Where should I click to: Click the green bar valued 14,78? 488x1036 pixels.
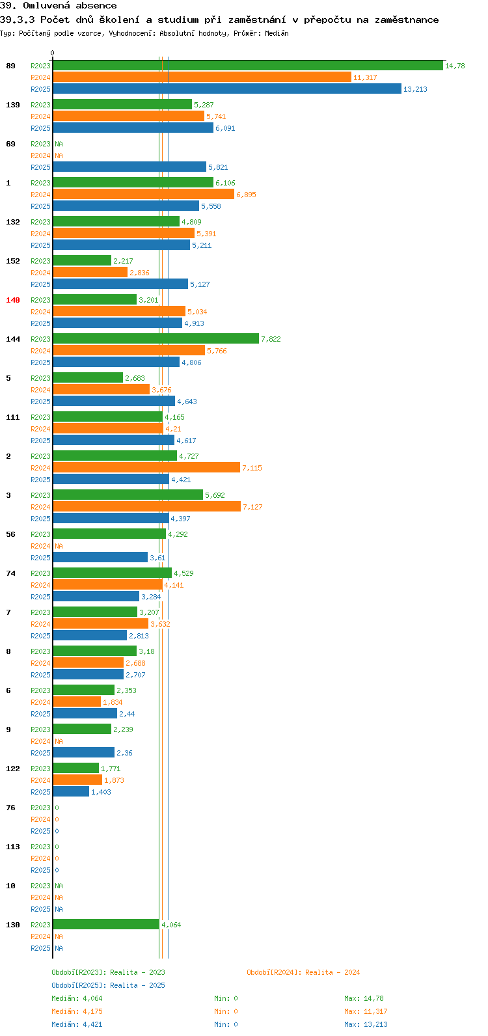pyautogui.click(x=248, y=66)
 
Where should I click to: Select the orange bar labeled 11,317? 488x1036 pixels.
pyautogui.click(x=202, y=77)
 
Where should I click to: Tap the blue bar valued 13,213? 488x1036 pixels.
pyautogui.click(x=227, y=89)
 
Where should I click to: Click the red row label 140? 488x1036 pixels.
pyautogui.click(x=13, y=300)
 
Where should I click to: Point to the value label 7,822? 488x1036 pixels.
pyautogui.click(x=271, y=339)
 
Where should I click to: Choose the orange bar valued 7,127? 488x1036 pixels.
pyautogui.click(x=147, y=506)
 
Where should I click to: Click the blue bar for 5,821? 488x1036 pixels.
pyautogui.click(x=129, y=167)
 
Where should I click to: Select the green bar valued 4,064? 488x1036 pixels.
pyautogui.click(x=107, y=924)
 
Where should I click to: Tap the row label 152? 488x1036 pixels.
pyautogui.click(x=13, y=261)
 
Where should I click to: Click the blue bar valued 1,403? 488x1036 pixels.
pyautogui.click(x=71, y=791)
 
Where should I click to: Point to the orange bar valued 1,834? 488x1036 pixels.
pyautogui.click(x=77, y=702)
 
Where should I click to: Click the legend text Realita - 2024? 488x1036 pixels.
pyautogui.click(x=332, y=972)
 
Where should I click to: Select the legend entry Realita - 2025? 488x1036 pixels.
pyautogui.click(x=137, y=985)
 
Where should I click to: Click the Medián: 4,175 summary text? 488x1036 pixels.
pyautogui.click(x=77, y=1011)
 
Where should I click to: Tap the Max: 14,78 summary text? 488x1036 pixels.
pyautogui.click(x=364, y=998)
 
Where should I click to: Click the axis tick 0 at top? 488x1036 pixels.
pyautogui.click(x=52, y=53)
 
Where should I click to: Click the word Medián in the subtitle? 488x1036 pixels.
pyautogui.click(x=277, y=33)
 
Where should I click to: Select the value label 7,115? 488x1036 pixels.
pyautogui.click(x=252, y=468)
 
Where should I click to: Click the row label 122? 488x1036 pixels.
pyautogui.click(x=13, y=768)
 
